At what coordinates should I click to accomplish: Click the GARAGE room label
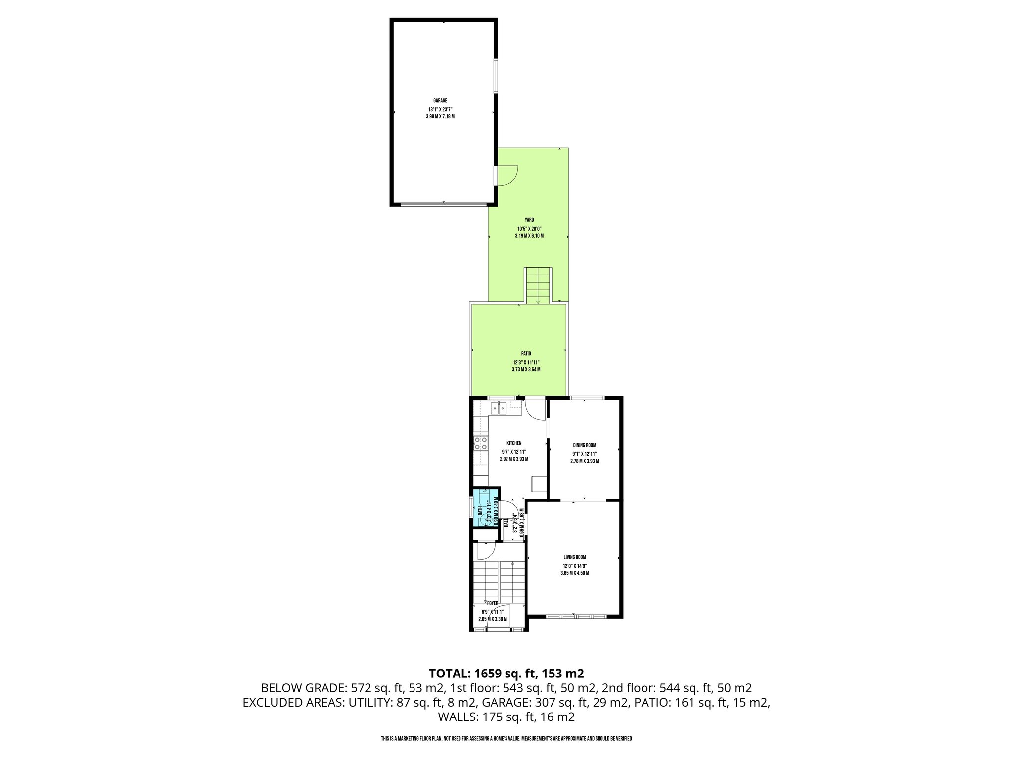tap(440, 101)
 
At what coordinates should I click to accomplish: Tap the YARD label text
tap(529, 220)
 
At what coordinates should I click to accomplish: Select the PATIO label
tap(526, 354)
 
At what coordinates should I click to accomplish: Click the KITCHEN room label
tap(514, 443)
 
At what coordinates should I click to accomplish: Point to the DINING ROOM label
tap(584, 445)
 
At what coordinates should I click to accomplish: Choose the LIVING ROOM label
tap(574, 557)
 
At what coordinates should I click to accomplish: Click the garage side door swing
tap(507, 175)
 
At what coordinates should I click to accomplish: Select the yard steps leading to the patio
tap(538, 286)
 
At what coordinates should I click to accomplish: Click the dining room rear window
tap(587, 398)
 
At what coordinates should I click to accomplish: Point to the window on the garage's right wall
tap(496, 76)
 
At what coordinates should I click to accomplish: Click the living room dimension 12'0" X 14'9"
tap(574, 566)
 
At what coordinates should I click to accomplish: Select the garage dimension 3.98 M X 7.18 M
tap(440, 117)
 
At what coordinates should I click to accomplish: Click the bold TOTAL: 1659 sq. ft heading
tap(506, 674)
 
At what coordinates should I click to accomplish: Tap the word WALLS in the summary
tap(455, 717)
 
